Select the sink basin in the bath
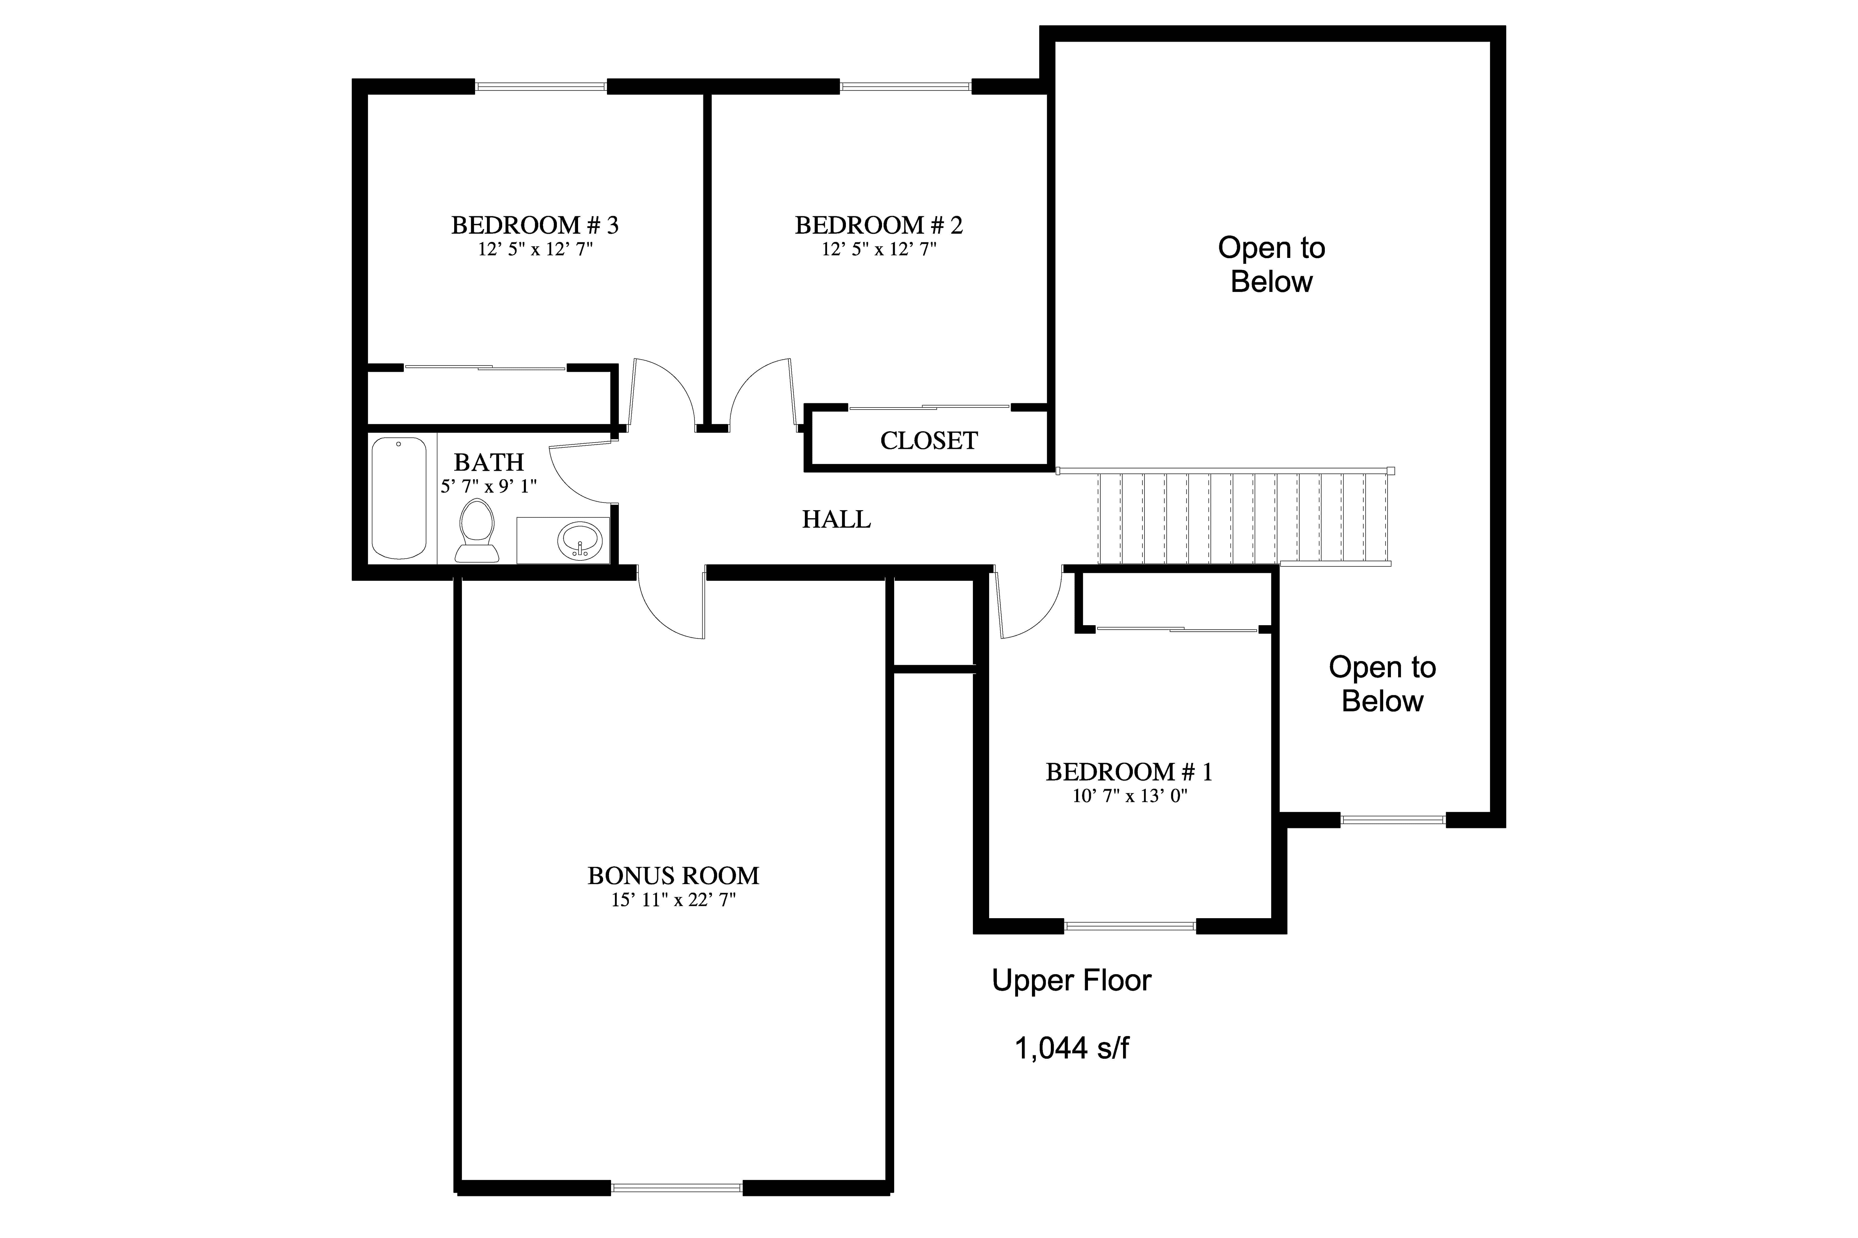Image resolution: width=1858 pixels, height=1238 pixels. pyautogui.click(x=580, y=542)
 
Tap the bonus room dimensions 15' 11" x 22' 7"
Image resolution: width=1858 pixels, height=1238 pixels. pyautogui.click(x=673, y=900)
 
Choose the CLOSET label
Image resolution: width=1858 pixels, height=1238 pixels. pyautogui.click(x=929, y=441)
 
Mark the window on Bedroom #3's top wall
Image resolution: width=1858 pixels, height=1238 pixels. pyautogui.click(x=541, y=86)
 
